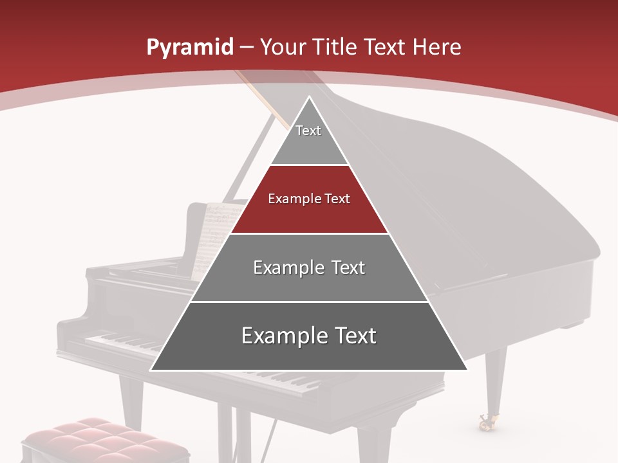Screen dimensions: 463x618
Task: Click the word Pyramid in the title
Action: click(189, 48)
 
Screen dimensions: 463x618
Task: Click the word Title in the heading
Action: click(335, 47)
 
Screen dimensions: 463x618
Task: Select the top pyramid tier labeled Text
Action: click(308, 138)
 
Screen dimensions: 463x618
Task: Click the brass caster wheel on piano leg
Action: click(487, 421)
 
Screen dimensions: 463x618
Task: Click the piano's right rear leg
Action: click(495, 379)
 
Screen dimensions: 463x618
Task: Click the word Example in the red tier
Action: click(290, 199)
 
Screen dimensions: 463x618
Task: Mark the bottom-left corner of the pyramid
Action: click(151, 370)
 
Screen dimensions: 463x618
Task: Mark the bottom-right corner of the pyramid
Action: click(467, 370)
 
